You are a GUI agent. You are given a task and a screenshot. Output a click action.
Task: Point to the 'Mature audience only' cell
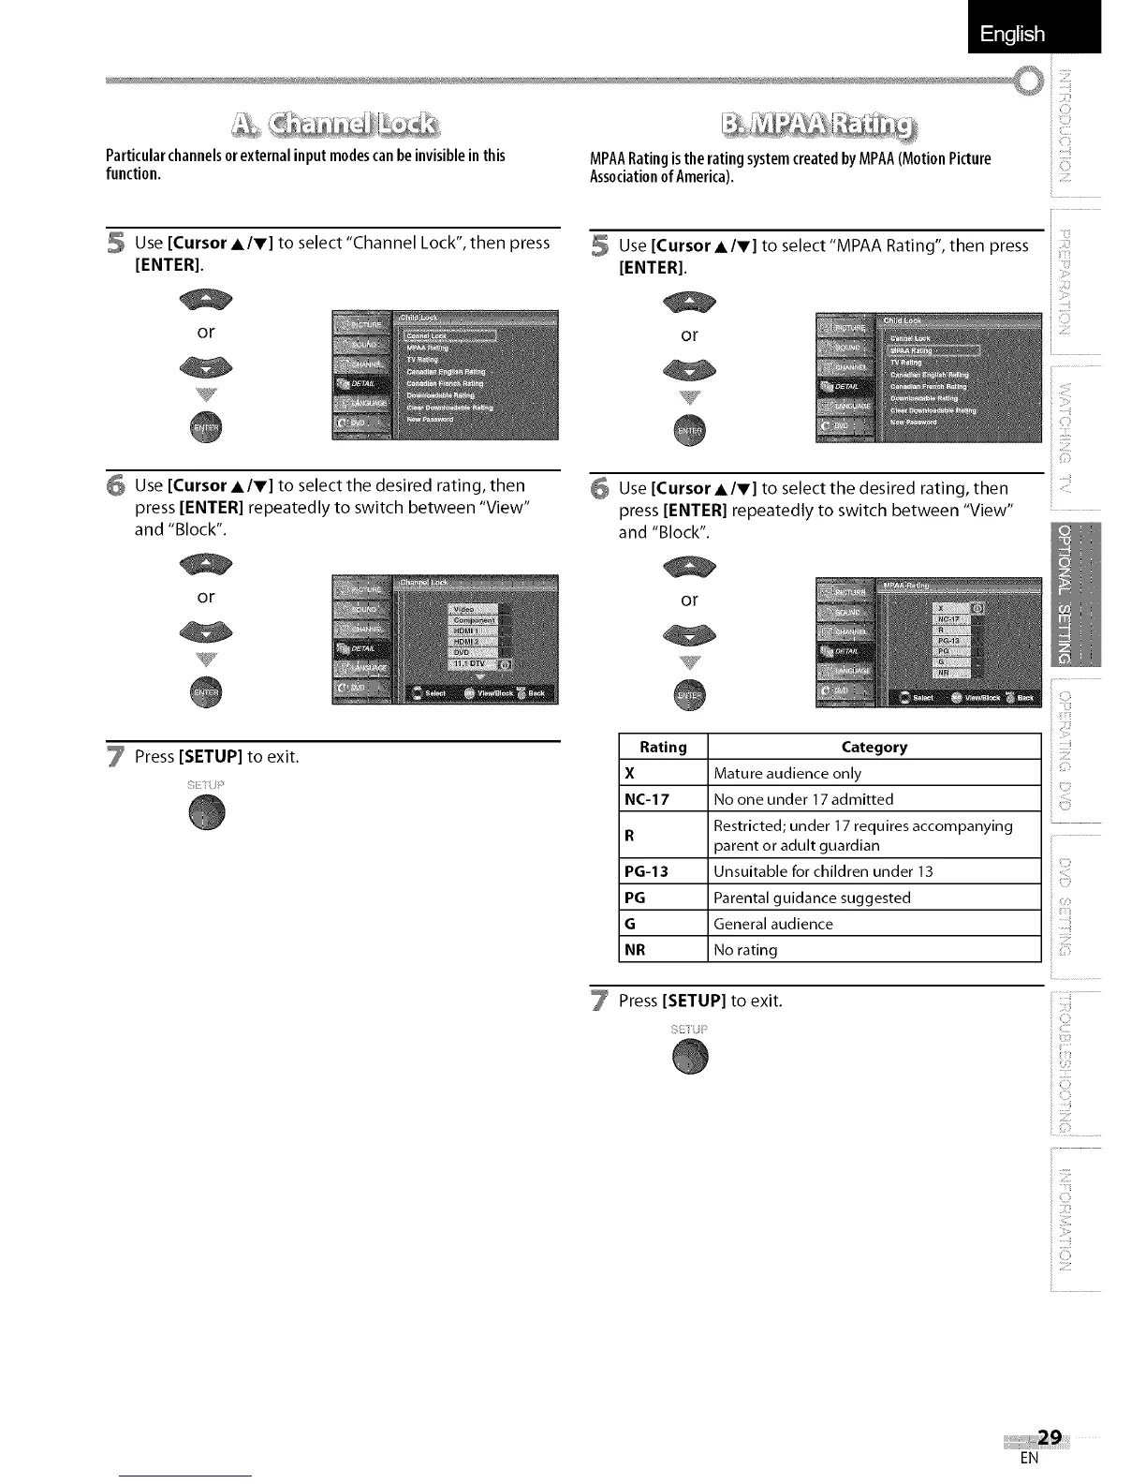tap(874, 773)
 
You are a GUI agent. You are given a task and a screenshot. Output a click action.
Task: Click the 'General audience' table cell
tap(874, 924)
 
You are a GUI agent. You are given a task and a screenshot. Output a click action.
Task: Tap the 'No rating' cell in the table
tap(874, 950)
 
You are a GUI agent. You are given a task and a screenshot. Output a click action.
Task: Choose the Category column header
tap(874, 747)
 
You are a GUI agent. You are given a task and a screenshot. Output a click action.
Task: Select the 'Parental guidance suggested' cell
tap(874, 898)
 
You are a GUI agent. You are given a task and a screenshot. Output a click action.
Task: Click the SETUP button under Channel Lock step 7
tap(207, 812)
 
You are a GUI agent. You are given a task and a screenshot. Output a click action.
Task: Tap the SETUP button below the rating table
tap(691, 1057)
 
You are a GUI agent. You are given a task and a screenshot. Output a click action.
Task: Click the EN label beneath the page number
tap(1029, 1458)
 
